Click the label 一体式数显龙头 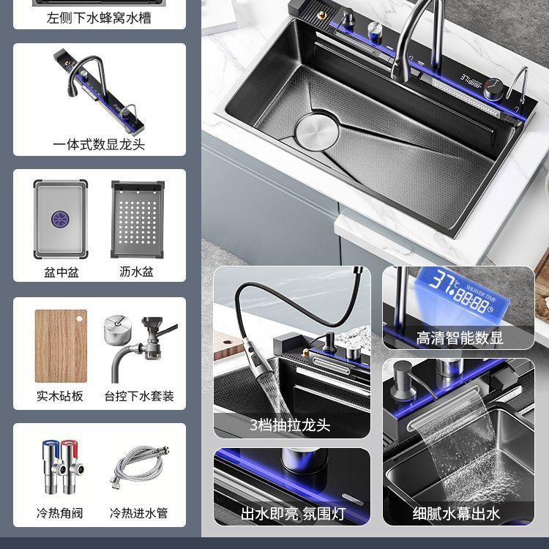[99, 144]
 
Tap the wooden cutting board [61, 346]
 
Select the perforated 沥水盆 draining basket [138, 217]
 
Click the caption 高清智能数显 [459, 338]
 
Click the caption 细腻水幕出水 [457, 513]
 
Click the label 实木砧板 [60, 396]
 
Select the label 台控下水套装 [138, 396]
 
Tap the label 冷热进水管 [138, 513]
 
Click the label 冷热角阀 [60, 513]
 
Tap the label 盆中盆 [61, 272]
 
